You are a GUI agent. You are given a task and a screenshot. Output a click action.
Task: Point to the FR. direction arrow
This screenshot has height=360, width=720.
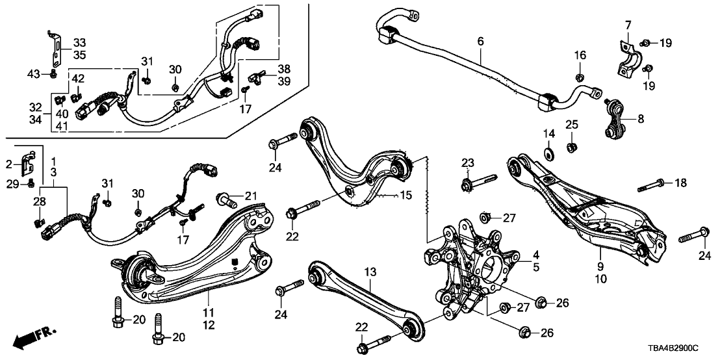33,339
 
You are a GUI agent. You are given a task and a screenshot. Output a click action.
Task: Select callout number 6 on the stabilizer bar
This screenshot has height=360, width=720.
480,42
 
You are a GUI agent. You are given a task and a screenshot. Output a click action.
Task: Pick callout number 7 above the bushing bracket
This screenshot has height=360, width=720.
628,25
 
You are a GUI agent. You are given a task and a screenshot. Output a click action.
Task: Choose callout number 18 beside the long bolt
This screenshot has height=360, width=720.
680,184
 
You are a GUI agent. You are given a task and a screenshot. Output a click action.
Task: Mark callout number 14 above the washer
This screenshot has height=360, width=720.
549,133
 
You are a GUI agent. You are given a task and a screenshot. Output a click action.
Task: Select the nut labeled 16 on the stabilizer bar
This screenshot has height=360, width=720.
579,79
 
